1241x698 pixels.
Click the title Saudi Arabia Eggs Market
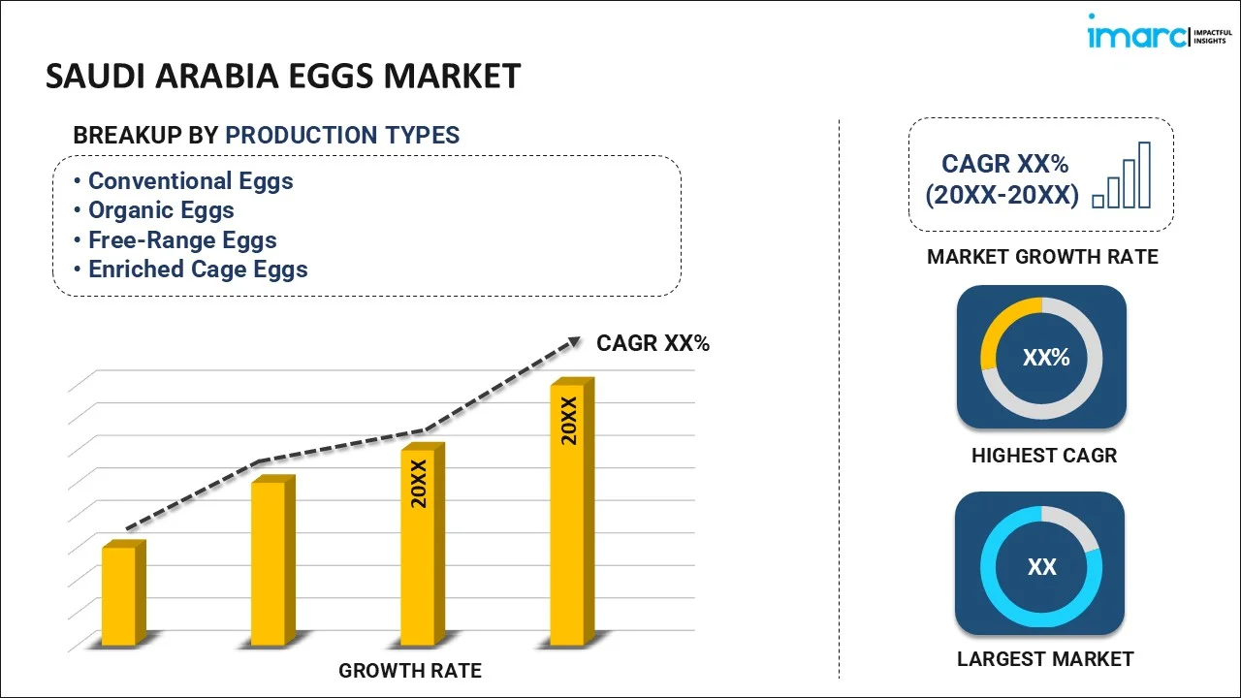[283, 76]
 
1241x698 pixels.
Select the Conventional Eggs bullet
[190, 181]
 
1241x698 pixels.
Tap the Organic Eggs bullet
[161, 210]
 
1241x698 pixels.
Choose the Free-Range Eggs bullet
[182, 240]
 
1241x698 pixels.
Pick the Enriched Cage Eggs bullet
[198, 270]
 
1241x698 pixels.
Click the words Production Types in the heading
[342, 136]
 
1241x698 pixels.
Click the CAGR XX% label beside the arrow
[652, 342]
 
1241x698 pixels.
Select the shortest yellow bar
[120, 595]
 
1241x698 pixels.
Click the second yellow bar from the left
[269, 562]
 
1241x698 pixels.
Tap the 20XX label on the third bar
[419, 484]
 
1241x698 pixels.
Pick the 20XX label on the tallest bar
[569, 420]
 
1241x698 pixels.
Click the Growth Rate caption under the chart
[409, 670]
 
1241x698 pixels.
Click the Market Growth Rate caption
[1042, 257]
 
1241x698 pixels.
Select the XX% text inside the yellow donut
[1046, 358]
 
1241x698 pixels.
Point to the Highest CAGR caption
[1043, 456]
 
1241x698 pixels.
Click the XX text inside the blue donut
[1042, 567]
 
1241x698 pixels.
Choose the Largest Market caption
[1044, 659]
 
